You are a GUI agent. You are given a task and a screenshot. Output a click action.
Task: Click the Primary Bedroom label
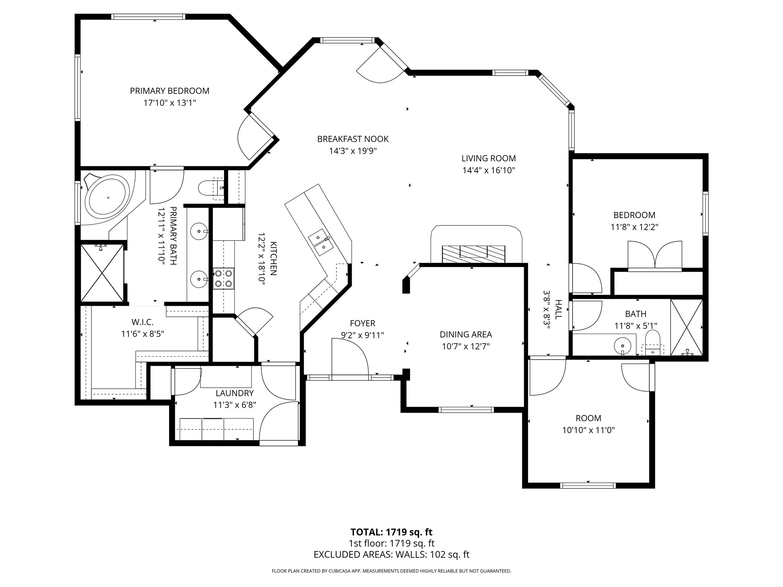170,91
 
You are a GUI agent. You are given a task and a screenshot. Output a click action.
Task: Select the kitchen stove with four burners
224,278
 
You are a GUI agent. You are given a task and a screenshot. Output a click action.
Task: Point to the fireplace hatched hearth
473,254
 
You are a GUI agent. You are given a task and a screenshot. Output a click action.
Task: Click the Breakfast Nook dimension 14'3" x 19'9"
353,151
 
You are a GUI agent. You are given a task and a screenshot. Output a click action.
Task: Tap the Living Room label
489,158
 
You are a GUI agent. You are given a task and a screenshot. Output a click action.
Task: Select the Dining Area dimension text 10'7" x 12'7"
466,347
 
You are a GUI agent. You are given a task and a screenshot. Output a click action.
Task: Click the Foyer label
362,324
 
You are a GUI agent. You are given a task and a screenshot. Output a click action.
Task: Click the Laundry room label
235,393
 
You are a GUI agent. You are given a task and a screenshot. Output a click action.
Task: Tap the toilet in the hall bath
653,342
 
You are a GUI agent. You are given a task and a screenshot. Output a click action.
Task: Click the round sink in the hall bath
622,346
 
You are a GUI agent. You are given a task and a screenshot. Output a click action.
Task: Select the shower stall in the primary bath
102,273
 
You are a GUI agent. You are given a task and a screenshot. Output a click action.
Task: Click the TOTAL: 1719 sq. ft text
391,532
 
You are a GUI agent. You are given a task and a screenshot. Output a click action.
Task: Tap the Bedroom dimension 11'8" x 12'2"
634,227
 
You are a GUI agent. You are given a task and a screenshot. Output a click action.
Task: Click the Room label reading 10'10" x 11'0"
588,430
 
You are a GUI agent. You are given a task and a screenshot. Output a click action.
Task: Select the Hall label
559,310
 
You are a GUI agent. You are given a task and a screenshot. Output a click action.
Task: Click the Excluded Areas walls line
391,555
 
